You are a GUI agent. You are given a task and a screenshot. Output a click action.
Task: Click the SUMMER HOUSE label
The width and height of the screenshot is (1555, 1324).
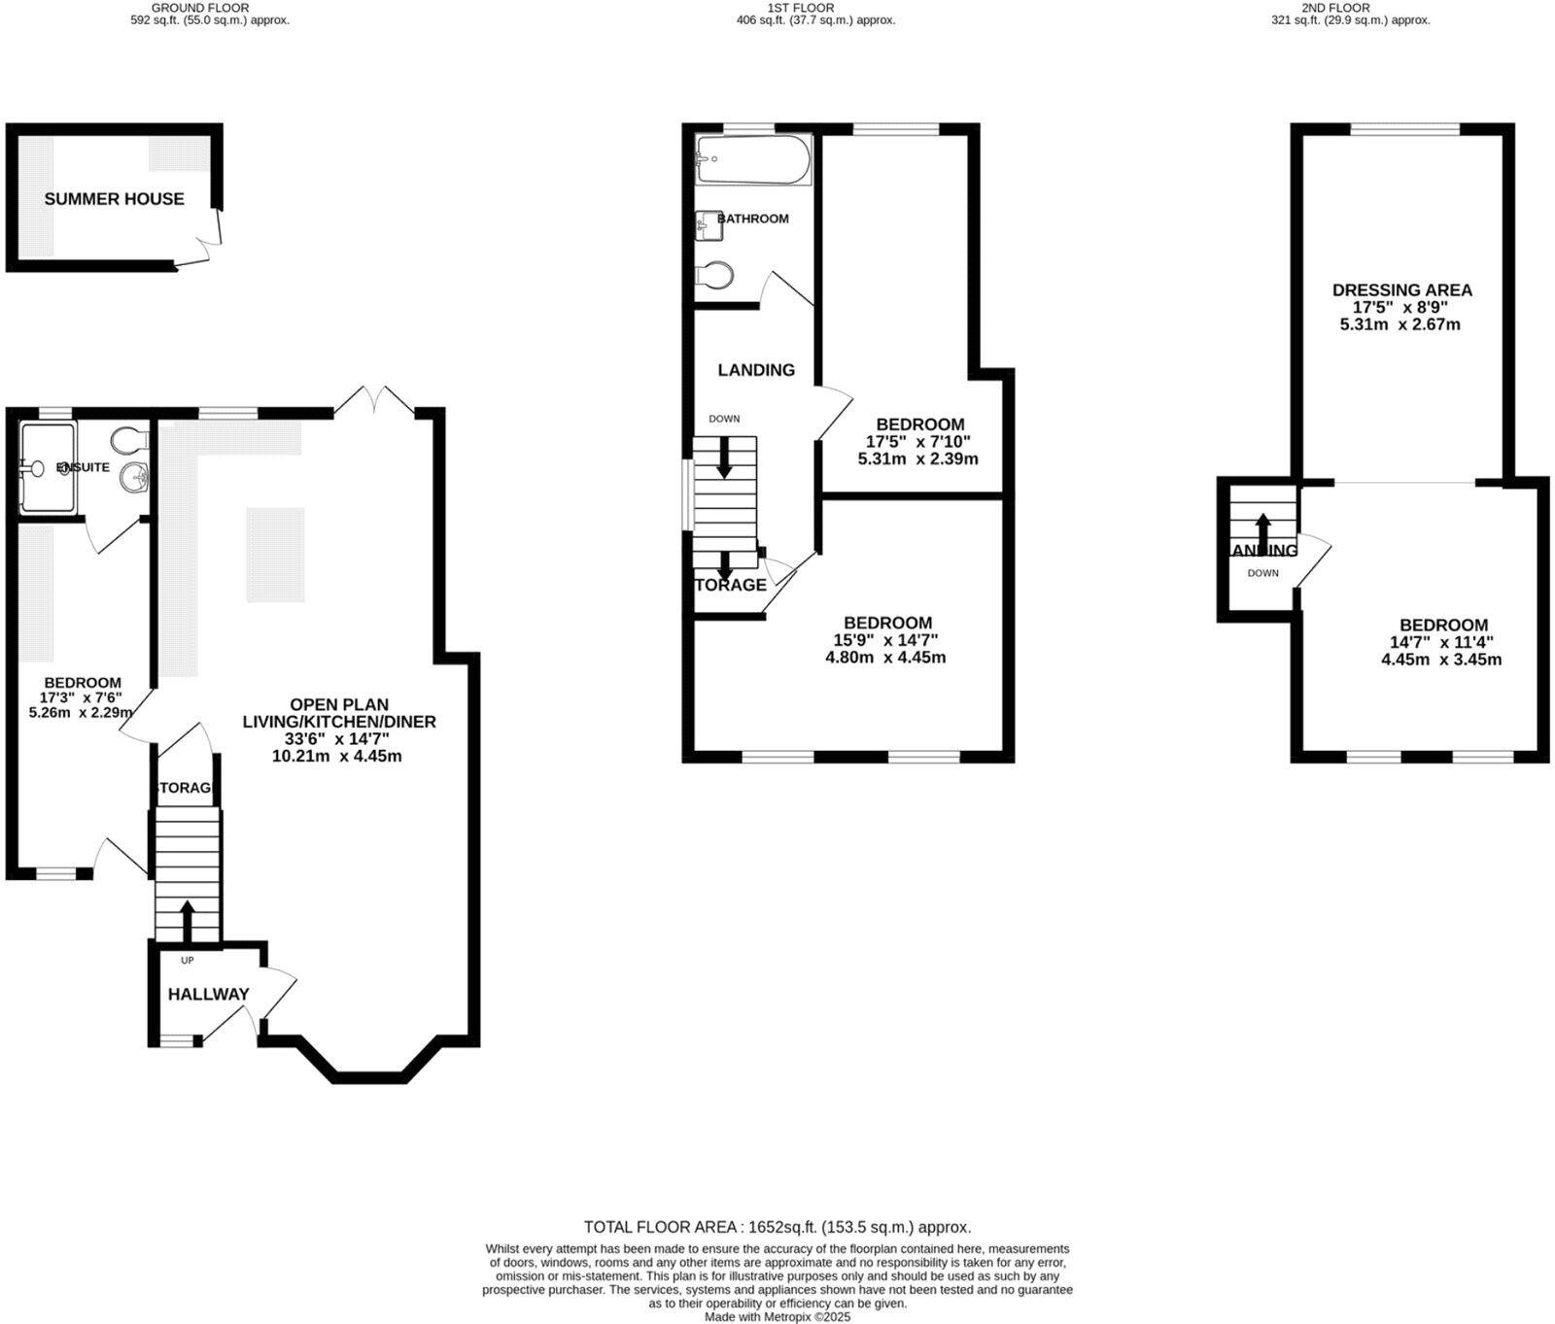point(114,199)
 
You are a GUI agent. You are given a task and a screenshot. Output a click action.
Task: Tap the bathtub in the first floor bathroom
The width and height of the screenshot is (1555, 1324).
point(753,160)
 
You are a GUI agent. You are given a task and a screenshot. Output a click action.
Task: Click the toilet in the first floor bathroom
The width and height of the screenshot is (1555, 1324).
point(715,276)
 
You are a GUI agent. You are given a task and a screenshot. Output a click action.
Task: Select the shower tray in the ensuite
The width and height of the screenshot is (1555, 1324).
point(47,467)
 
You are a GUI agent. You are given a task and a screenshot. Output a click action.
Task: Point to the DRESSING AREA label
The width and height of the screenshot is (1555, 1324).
point(1401,290)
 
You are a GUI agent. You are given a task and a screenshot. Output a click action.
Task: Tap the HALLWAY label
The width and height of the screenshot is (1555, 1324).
point(208,995)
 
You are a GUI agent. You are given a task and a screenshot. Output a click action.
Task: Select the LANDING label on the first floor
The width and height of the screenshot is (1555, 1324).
point(756,370)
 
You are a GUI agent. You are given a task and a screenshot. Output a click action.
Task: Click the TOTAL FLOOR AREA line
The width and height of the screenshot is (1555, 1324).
point(777,1227)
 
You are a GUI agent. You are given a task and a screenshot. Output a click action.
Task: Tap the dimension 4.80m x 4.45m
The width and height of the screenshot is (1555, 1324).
point(885,658)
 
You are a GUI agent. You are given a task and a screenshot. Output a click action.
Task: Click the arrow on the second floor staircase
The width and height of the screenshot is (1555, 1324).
point(1262,529)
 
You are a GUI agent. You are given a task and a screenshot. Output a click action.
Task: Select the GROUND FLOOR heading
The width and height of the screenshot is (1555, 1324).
point(200,8)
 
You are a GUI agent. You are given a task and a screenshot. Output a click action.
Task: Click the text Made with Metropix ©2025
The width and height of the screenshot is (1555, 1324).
point(777,1317)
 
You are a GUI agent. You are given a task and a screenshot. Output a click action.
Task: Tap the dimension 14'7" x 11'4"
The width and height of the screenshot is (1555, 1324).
point(1441,642)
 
